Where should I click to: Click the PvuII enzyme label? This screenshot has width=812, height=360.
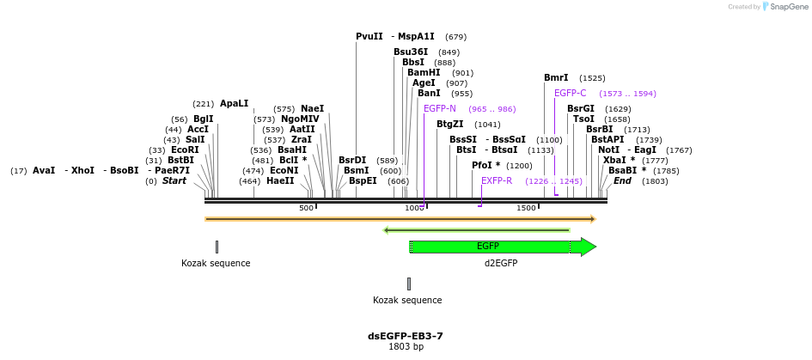point(369,37)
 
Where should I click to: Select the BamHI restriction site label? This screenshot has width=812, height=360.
point(423,73)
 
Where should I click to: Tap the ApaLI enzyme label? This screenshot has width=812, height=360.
point(234,104)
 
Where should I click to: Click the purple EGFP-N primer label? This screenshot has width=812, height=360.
point(440,109)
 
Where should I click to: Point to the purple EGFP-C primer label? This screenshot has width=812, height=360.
point(570,94)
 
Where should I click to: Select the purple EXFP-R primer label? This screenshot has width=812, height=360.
point(497,181)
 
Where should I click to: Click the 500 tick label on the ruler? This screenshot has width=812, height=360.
point(306,209)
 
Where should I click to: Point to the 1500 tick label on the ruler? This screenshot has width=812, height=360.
point(526,209)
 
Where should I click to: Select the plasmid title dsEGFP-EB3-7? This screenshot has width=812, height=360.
point(406,336)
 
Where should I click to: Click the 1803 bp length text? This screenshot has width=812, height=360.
point(406,347)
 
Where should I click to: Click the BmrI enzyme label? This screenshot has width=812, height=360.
point(556,78)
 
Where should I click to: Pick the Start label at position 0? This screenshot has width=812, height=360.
point(174,181)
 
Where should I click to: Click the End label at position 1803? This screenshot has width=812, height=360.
point(622,181)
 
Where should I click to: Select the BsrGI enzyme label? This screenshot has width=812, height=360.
point(581,109)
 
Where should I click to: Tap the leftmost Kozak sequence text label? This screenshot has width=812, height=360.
point(216,264)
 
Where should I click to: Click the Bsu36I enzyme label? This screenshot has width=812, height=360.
point(411,52)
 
